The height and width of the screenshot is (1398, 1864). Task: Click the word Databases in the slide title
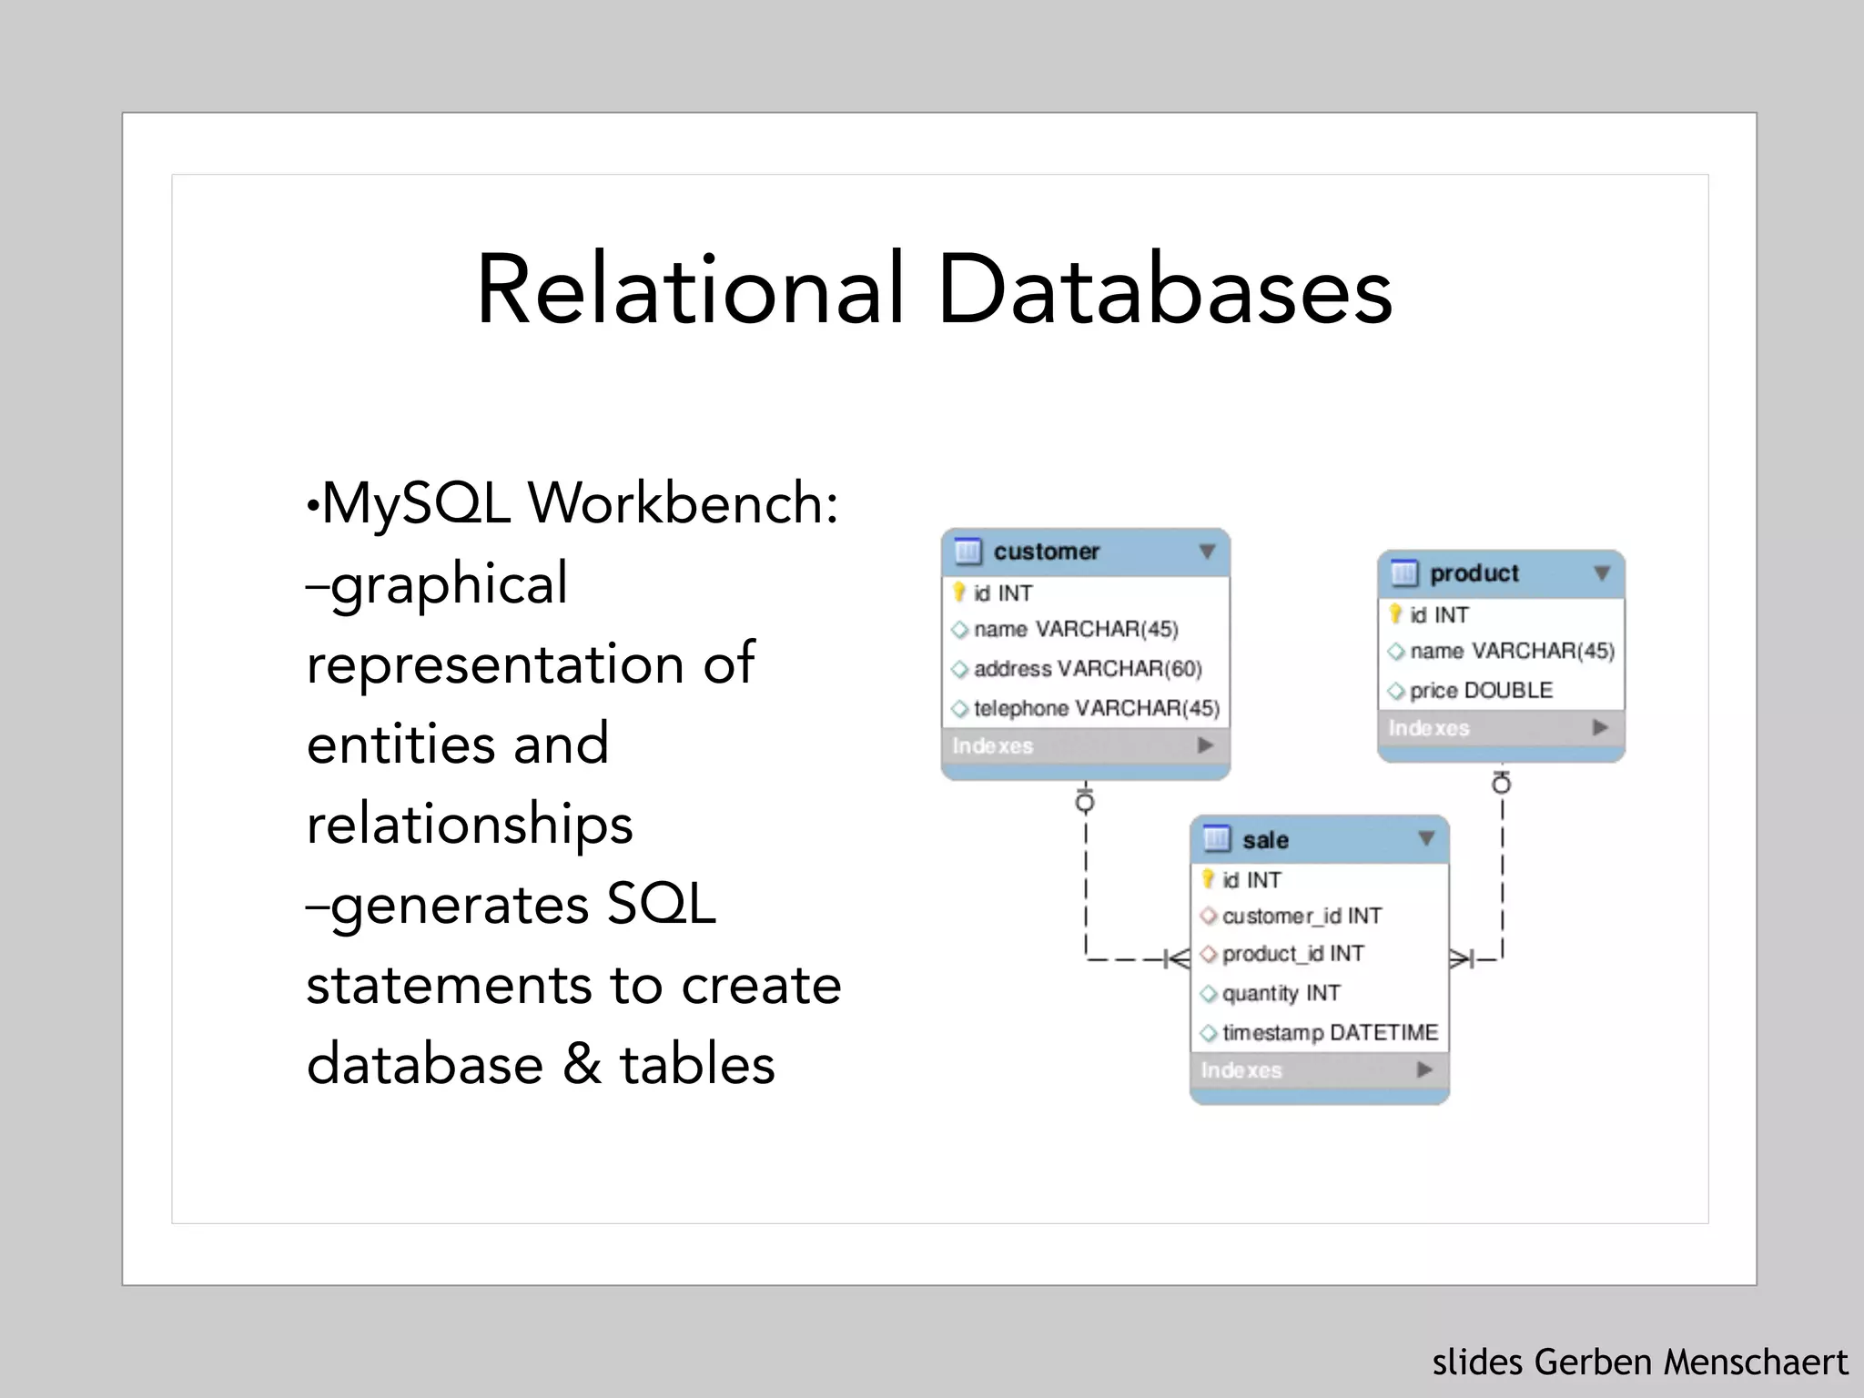pyautogui.click(x=1164, y=289)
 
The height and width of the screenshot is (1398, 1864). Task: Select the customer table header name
pyautogui.click(x=1046, y=552)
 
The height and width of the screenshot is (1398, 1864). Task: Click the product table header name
pyautogui.click(x=1474, y=573)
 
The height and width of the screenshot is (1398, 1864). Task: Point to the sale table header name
pyautogui.click(x=1265, y=840)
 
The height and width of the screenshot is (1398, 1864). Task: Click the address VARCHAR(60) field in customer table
pyautogui.click(x=1087, y=669)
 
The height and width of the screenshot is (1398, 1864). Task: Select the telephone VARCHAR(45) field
pyautogui.click(x=1096, y=708)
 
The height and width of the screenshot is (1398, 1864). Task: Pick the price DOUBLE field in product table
pyautogui.click(x=1481, y=691)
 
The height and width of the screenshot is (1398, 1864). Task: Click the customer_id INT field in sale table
pyautogui.click(x=1301, y=916)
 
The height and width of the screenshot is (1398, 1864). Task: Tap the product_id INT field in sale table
pyautogui.click(x=1292, y=954)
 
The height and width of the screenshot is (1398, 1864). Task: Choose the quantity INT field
pyautogui.click(x=1281, y=993)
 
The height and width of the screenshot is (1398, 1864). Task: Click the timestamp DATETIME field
pyautogui.click(x=1329, y=1033)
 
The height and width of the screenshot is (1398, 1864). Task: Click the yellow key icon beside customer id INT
pyautogui.click(x=958, y=593)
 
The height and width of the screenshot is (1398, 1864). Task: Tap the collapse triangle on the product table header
pyautogui.click(x=1602, y=573)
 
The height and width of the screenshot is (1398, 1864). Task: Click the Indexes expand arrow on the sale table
pyautogui.click(x=1424, y=1069)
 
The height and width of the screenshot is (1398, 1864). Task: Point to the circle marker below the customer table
pyautogui.click(x=1085, y=803)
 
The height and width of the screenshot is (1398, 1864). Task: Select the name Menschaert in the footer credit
pyautogui.click(x=1756, y=1363)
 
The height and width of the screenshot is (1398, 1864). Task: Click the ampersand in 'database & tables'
pyautogui.click(x=582, y=1064)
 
